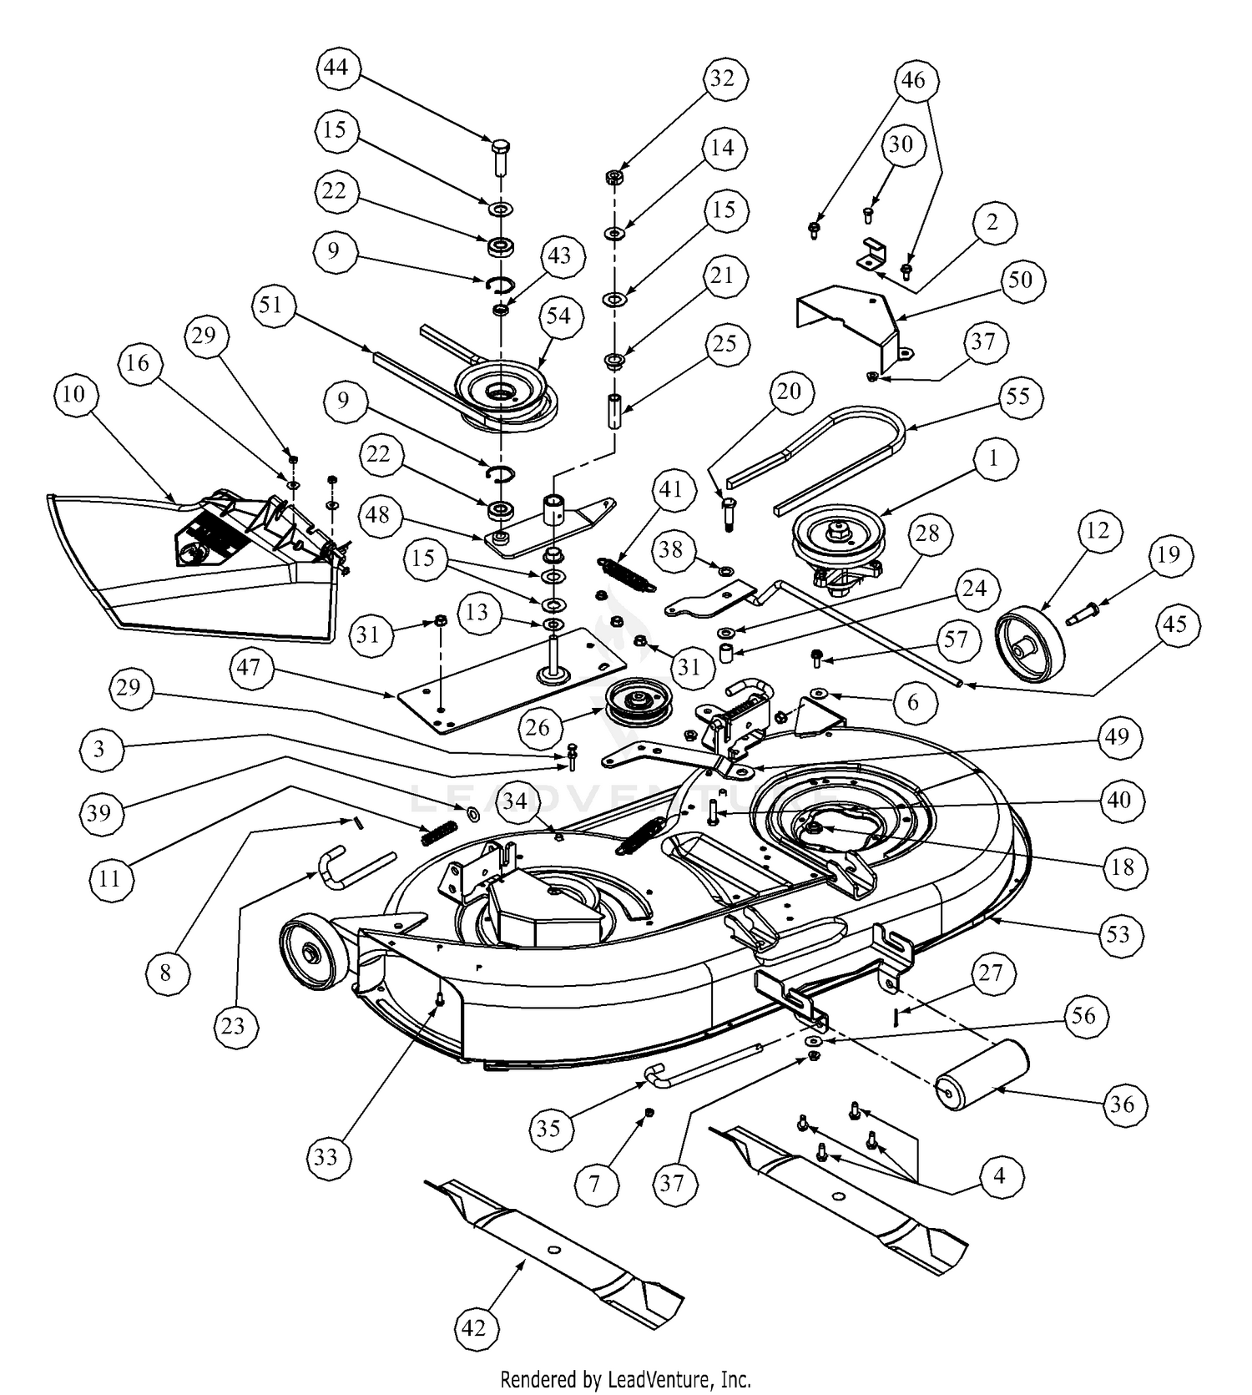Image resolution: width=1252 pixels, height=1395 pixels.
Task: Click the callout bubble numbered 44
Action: (336, 68)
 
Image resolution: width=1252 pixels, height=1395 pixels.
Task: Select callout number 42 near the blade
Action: (473, 1327)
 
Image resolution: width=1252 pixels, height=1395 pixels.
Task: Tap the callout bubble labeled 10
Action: (74, 393)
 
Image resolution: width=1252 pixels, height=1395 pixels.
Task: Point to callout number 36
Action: (1123, 1104)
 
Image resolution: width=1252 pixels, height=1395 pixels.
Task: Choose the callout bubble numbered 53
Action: (1118, 934)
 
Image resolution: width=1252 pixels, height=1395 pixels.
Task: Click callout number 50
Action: (1020, 280)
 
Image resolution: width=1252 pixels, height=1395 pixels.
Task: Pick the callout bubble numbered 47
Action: (249, 667)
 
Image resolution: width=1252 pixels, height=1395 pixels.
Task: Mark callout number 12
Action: (1098, 530)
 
